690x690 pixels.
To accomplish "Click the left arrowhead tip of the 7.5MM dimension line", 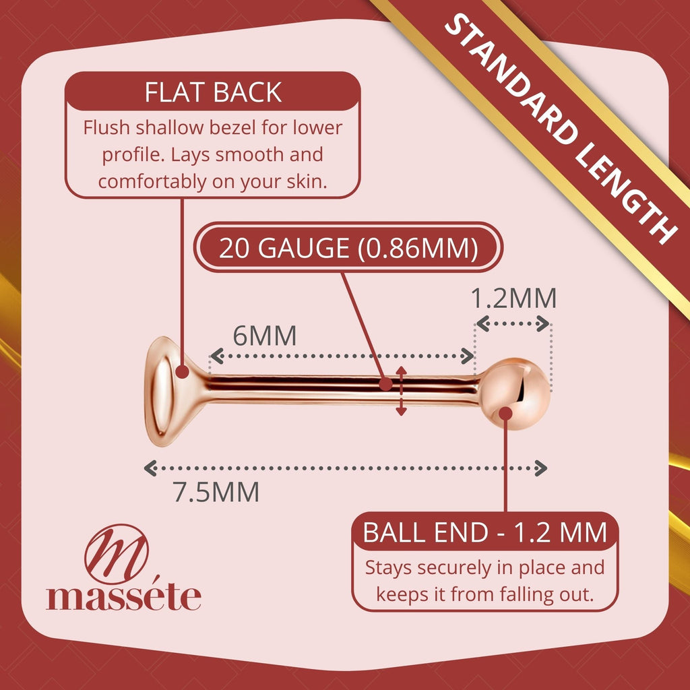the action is pyautogui.click(x=145, y=468).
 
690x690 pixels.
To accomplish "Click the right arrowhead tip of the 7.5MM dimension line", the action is pyautogui.click(x=547, y=468).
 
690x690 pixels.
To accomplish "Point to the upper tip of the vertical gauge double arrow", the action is pyautogui.click(x=401, y=366).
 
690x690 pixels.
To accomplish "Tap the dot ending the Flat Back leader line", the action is pyautogui.click(x=182, y=372).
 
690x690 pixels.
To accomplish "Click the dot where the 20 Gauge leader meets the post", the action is pyautogui.click(x=385, y=384).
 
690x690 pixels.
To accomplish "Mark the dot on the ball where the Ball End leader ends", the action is pyautogui.click(x=505, y=414).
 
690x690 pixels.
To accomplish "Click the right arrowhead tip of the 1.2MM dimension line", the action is pyautogui.click(x=550, y=324).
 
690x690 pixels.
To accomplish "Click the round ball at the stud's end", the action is pyautogui.click(x=514, y=394).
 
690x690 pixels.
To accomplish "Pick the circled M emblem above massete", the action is pyautogui.click(x=116, y=554).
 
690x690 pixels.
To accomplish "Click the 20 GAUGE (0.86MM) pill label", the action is pyautogui.click(x=348, y=247).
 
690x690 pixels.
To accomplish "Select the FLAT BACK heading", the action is pyautogui.click(x=213, y=92).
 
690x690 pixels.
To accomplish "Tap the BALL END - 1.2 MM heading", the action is pyautogui.click(x=485, y=532).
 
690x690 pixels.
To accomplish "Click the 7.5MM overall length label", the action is pyautogui.click(x=216, y=492).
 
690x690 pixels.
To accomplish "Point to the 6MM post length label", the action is pyautogui.click(x=264, y=336).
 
